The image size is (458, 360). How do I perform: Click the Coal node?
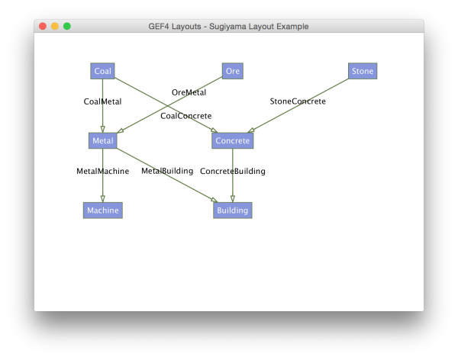[102, 71]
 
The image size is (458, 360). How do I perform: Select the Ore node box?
[233, 71]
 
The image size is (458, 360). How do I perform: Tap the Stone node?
[363, 71]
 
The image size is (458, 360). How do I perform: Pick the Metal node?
[102, 140]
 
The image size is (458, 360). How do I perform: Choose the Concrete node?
[232, 140]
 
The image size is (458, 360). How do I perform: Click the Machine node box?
[102, 211]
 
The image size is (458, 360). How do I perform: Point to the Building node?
[232, 211]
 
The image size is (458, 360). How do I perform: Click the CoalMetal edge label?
[102, 101]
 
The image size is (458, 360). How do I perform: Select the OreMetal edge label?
[189, 92]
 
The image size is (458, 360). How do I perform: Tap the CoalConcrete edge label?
[185, 116]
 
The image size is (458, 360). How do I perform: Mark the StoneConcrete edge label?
[298, 101]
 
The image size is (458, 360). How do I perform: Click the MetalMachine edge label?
[102, 171]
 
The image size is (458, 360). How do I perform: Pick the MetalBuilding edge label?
[167, 171]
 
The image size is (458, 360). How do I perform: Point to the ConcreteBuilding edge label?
[232, 171]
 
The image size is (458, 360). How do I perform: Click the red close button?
[43, 26]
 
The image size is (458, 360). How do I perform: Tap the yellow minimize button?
[55, 26]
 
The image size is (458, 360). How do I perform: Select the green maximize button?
[67, 26]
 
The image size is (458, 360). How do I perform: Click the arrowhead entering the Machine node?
[102, 199]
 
